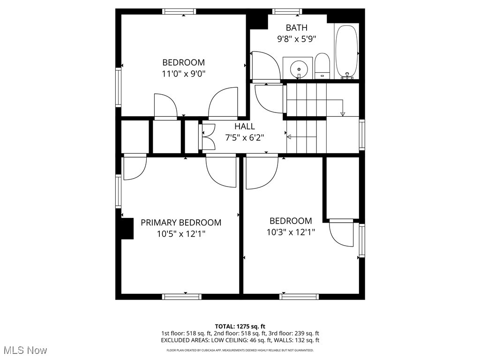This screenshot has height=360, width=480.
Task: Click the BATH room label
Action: click(x=296, y=28)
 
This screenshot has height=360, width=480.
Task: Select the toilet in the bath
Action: click(x=322, y=66)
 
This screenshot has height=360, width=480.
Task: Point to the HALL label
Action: click(x=245, y=127)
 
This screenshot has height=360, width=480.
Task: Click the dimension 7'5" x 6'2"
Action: click(x=245, y=138)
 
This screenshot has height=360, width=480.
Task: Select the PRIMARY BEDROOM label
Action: click(x=181, y=223)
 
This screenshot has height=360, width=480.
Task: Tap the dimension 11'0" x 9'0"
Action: click(x=183, y=74)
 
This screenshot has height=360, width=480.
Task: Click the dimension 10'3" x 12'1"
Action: click(x=291, y=232)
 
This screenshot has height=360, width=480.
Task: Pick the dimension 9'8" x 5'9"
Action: click(x=296, y=39)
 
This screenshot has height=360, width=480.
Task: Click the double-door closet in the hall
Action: click(x=207, y=136)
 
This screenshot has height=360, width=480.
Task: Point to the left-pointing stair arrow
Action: click(x=289, y=137)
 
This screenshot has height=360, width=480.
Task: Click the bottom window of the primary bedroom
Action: click(x=182, y=296)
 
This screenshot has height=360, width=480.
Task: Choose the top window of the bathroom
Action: click(x=287, y=12)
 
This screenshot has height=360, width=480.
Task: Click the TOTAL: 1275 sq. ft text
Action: click(x=240, y=326)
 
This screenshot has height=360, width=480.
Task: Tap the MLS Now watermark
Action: click(x=25, y=350)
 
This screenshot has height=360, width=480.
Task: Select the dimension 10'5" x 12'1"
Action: click(x=181, y=234)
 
